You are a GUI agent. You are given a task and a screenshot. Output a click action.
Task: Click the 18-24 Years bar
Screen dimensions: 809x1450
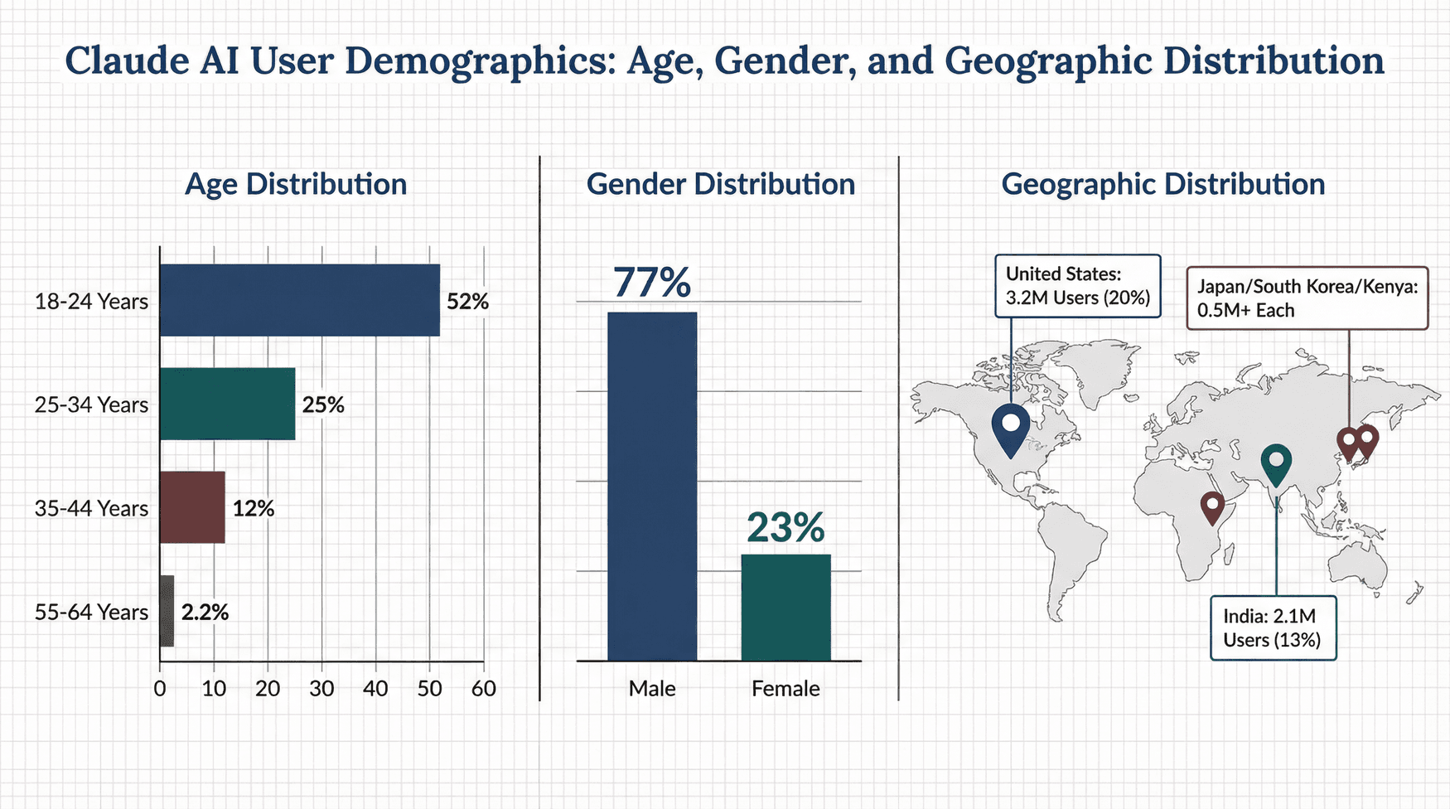point(299,300)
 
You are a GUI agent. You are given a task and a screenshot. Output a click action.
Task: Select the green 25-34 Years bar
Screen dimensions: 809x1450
point(227,404)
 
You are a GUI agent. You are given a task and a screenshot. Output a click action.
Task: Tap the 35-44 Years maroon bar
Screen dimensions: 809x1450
point(192,507)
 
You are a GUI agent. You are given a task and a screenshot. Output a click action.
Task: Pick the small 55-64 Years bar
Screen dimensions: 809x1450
point(167,611)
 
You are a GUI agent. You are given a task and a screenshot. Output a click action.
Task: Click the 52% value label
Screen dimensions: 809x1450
point(467,302)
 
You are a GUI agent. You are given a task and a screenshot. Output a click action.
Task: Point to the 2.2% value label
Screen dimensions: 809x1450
point(205,613)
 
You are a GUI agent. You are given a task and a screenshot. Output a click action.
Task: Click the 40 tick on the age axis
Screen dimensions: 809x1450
point(375,689)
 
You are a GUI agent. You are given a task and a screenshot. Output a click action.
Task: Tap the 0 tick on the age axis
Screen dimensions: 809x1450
point(160,689)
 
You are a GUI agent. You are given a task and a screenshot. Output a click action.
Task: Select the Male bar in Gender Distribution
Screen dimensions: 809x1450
point(652,487)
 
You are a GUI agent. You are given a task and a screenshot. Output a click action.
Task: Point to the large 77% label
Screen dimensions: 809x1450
point(652,282)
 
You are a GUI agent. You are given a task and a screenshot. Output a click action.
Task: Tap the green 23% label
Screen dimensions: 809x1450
point(785,527)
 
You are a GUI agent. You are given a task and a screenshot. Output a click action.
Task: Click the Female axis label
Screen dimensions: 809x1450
point(785,689)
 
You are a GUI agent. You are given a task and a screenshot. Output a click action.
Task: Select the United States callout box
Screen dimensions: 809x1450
point(1077,286)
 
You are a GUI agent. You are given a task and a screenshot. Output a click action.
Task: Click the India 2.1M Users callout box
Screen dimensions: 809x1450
point(1273,628)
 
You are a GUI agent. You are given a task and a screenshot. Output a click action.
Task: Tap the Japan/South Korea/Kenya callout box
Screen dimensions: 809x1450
point(1307,298)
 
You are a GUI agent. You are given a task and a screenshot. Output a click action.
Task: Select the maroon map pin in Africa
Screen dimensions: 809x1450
point(1212,506)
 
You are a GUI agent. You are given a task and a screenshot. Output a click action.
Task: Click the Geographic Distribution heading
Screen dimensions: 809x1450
point(1162,184)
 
